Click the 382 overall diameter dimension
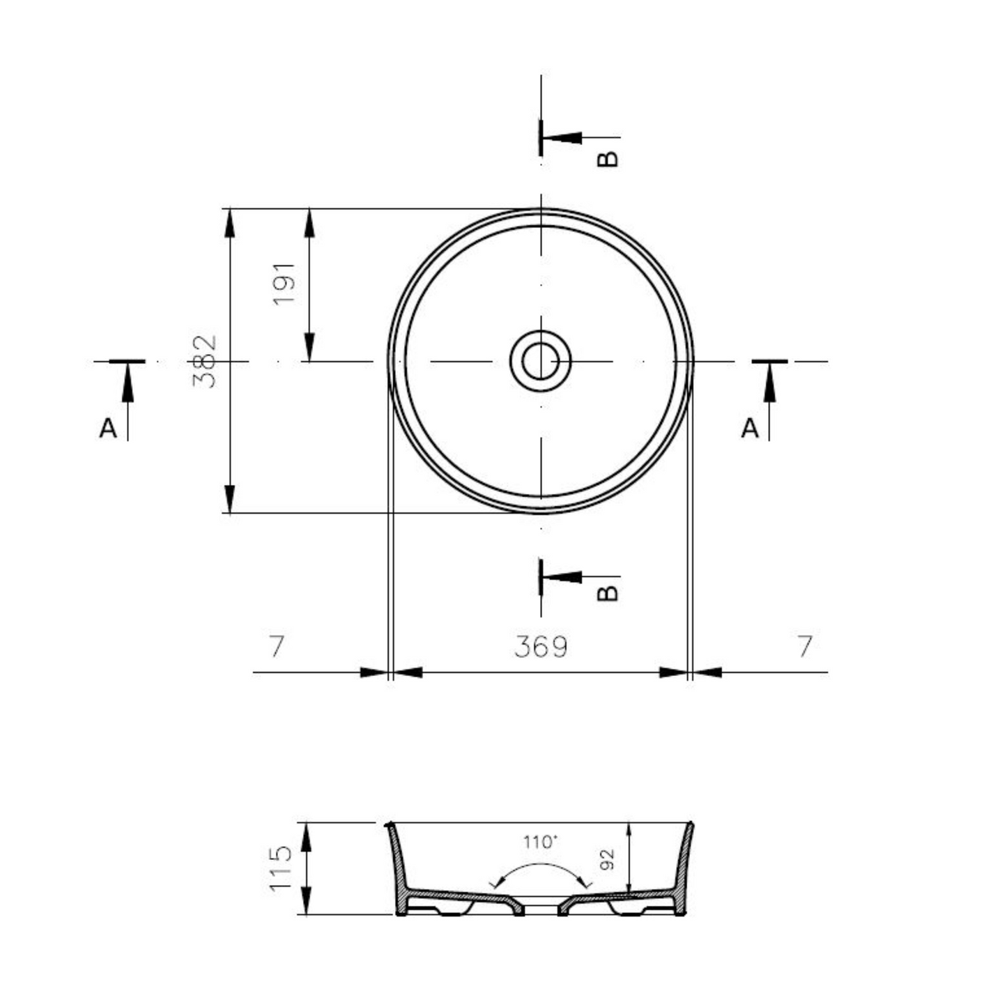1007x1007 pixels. [205, 362]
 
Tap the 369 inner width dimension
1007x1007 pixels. [541, 647]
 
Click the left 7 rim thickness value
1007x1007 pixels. [277, 646]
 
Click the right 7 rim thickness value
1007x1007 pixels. [805, 646]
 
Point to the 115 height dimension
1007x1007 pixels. [280, 868]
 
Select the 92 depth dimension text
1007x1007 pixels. [608, 859]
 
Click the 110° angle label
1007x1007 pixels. [541, 842]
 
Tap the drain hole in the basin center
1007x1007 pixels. [541, 361]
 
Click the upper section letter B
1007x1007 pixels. [608, 158]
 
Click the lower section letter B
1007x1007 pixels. [608, 592]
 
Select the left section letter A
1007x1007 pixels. [108, 428]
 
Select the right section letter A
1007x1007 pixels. [750, 428]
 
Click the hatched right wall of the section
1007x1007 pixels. [684, 864]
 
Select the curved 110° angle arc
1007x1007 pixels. [541, 864]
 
